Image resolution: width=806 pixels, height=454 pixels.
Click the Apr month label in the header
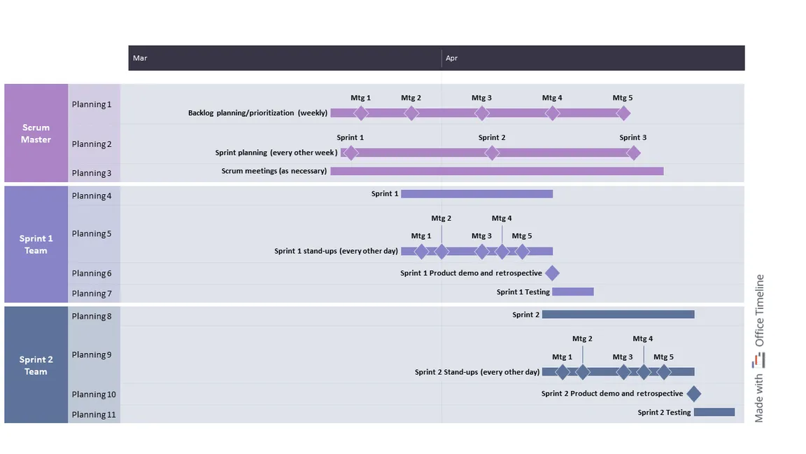451,58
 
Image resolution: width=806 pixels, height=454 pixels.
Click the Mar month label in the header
140,58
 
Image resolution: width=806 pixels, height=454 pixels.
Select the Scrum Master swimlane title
36,133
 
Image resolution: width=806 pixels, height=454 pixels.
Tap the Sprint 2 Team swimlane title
36,366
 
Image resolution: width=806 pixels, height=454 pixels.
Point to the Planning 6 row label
92,273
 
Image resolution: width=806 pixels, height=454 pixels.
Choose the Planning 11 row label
94,414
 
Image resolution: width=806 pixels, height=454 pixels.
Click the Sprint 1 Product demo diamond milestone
552,273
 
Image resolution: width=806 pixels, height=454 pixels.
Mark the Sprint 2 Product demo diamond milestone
693,394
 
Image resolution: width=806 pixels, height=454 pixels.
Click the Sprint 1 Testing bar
572,292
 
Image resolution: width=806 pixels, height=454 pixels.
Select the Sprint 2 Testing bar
714,412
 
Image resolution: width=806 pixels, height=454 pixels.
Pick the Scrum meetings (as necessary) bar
497,171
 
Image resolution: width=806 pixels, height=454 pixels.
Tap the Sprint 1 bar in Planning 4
477,194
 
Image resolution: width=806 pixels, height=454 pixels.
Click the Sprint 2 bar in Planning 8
618,315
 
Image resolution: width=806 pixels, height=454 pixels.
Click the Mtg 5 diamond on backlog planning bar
623,113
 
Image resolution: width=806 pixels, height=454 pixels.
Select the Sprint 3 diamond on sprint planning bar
633,153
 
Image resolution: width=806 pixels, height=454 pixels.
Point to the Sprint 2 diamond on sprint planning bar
492,153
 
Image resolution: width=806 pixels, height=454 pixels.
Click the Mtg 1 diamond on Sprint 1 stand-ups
421,252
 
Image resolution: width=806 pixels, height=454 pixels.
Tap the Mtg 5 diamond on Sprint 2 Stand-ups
663,372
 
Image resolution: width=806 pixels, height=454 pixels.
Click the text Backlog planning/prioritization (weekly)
257,113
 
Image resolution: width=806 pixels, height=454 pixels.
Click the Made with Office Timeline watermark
758,348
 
